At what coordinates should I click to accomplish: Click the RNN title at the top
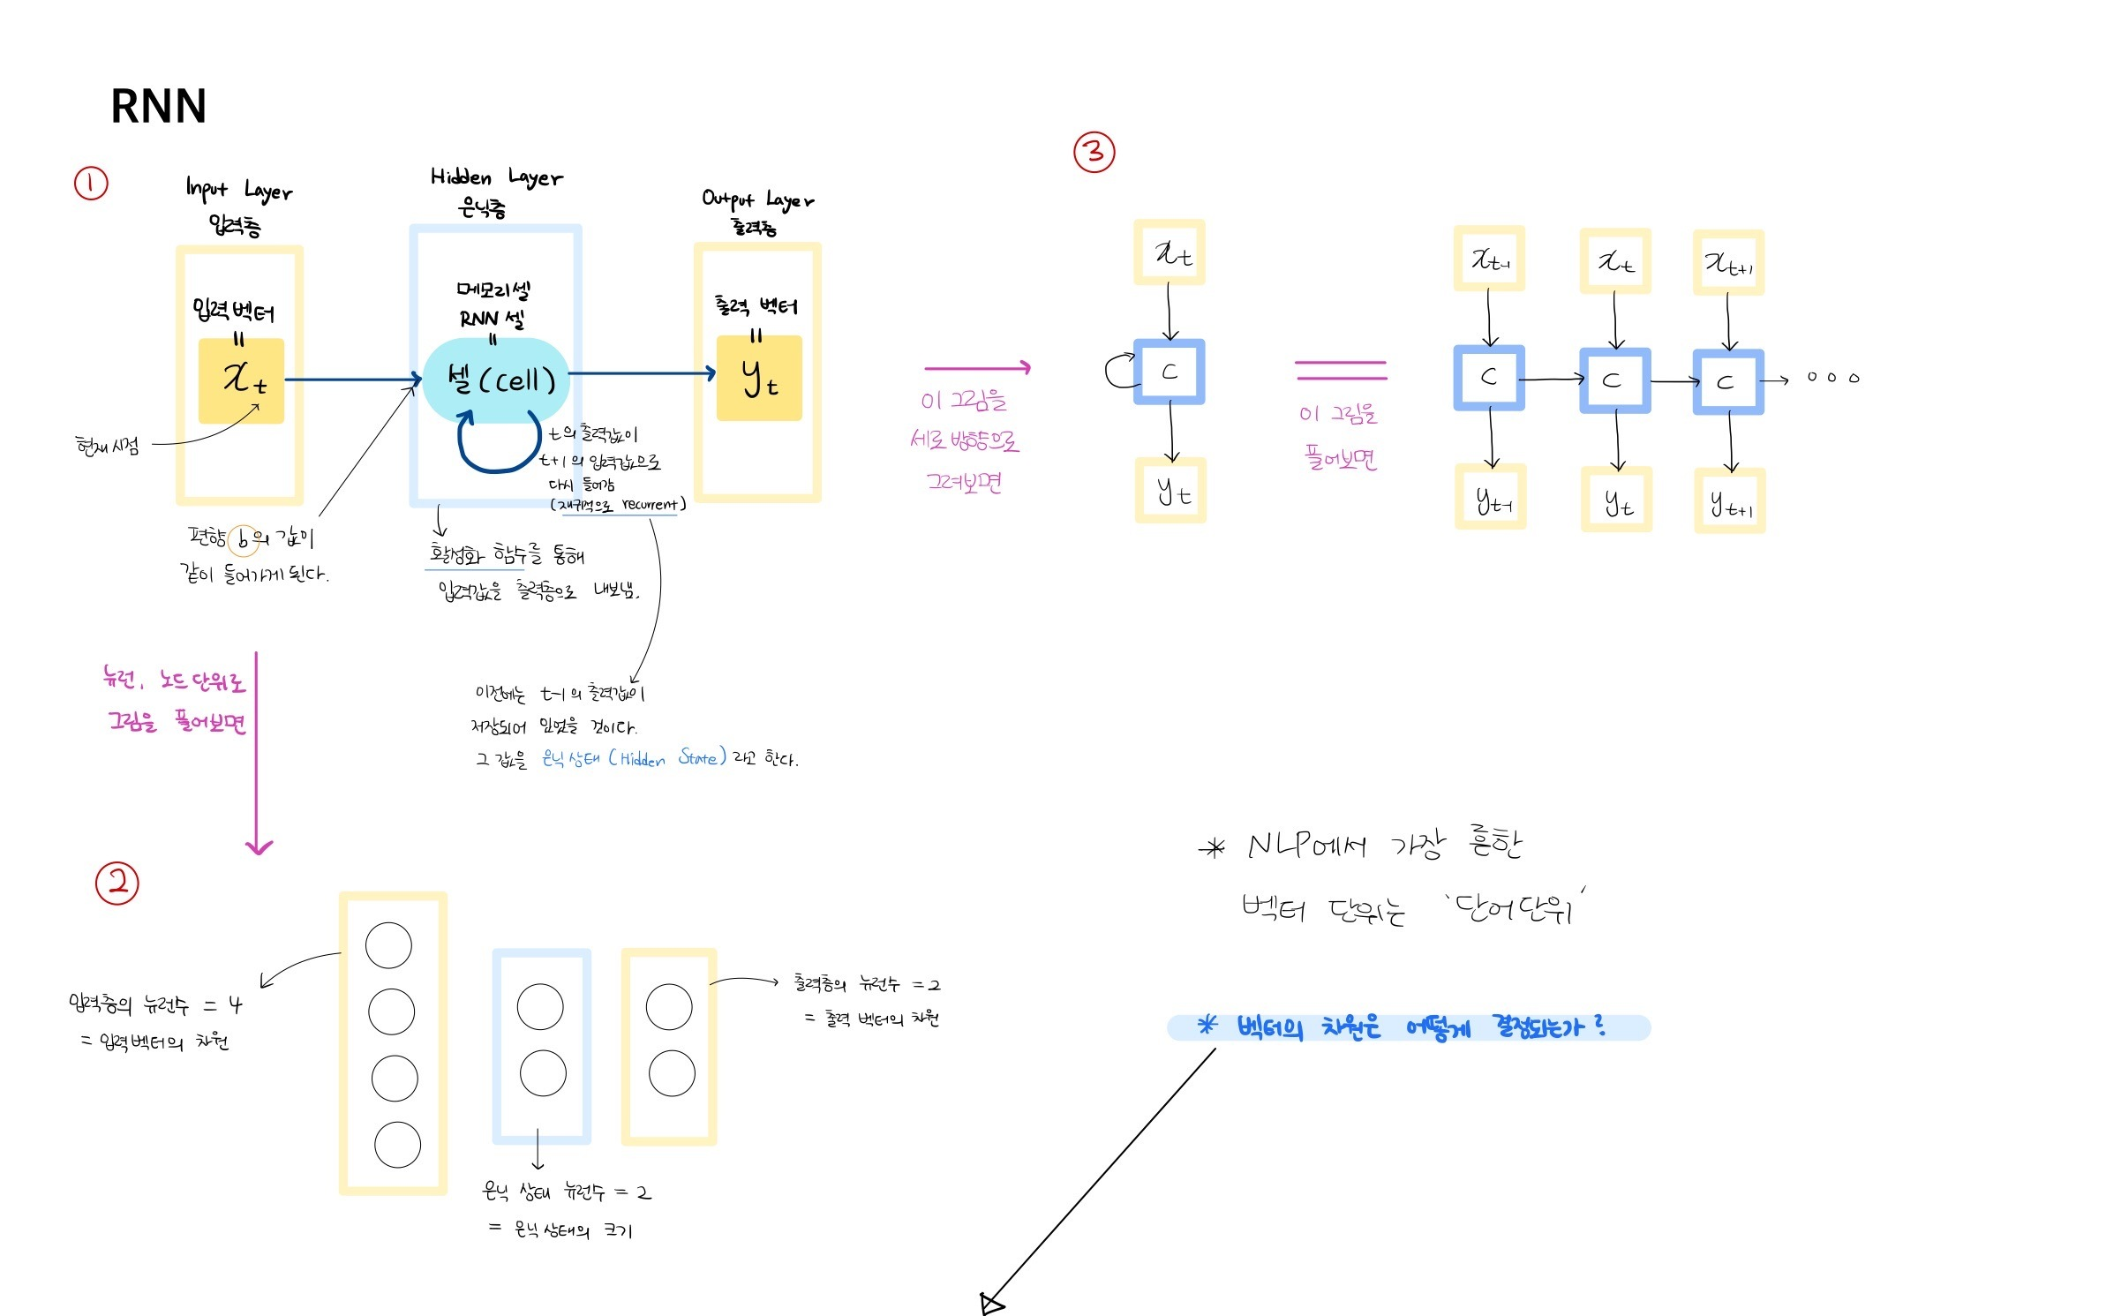click(x=158, y=107)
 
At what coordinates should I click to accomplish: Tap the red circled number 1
click(x=91, y=184)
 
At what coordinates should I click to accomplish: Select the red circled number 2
click(x=117, y=883)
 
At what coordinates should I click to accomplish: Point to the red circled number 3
click(x=1094, y=152)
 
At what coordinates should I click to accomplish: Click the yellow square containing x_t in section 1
click(x=241, y=380)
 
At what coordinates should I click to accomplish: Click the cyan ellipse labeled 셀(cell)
click(x=497, y=380)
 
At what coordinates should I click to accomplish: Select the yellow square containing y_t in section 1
click(x=759, y=378)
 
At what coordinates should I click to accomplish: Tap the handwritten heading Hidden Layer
click(x=496, y=177)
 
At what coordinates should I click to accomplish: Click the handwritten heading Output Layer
click(x=757, y=199)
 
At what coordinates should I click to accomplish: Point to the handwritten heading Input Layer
click(x=238, y=190)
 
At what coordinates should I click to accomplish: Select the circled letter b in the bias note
click(x=243, y=539)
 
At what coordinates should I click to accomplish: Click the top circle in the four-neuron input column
click(x=388, y=945)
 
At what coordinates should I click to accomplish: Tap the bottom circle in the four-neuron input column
click(x=397, y=1145)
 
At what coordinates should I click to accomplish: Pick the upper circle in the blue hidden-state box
click(x=540, y=1007)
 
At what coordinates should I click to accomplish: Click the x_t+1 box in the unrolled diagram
click(x=1728, y=262)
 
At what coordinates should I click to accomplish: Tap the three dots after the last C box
click(x=1832, y=378)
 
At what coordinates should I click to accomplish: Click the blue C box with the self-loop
click(x=1170, y=372)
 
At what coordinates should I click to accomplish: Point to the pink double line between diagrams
click(x=1341, y=370)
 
